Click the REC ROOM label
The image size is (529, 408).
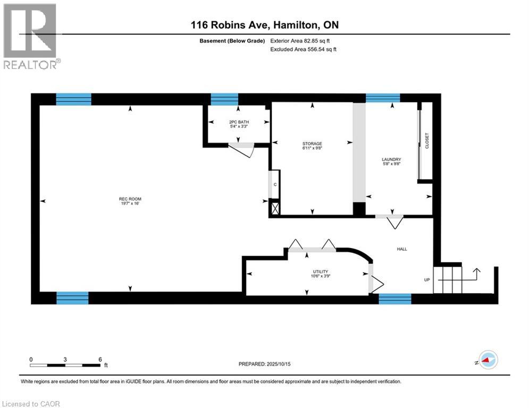[x=130, y=199]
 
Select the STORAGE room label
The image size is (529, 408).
[x=312, y=143]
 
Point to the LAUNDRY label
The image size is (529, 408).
[x=391, y=159]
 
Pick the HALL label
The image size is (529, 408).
[x=402, y=249]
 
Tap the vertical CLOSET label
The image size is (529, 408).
[x=426, y=141]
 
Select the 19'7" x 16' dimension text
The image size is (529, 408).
[x=130, y=203]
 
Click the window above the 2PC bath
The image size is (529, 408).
[x=224, y=99]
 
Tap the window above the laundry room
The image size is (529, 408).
[x=382, y=97]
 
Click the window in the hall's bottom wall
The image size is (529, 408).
[x=394, y=299]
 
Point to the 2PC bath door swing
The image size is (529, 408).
[x=245, y=151]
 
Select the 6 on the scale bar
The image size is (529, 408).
[x=100, y=359]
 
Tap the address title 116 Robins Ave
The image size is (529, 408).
[x=264, y=25]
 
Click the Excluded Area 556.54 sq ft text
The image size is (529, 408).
[x=304, y=49]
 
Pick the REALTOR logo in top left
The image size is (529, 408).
[x=30, y=36]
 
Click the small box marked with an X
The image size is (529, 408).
[x=275, y=208]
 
